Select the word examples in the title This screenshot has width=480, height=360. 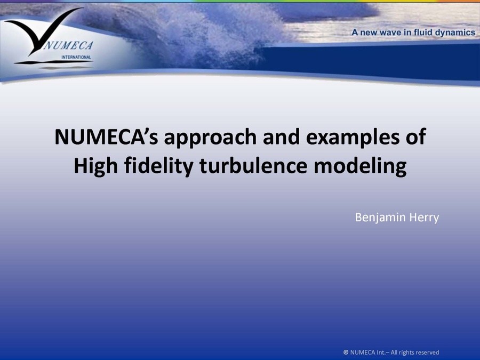pos(348,138)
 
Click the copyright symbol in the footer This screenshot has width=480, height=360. pos(346,352)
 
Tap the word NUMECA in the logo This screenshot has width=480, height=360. pos(68,45)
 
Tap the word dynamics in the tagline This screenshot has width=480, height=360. pos(454,33)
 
